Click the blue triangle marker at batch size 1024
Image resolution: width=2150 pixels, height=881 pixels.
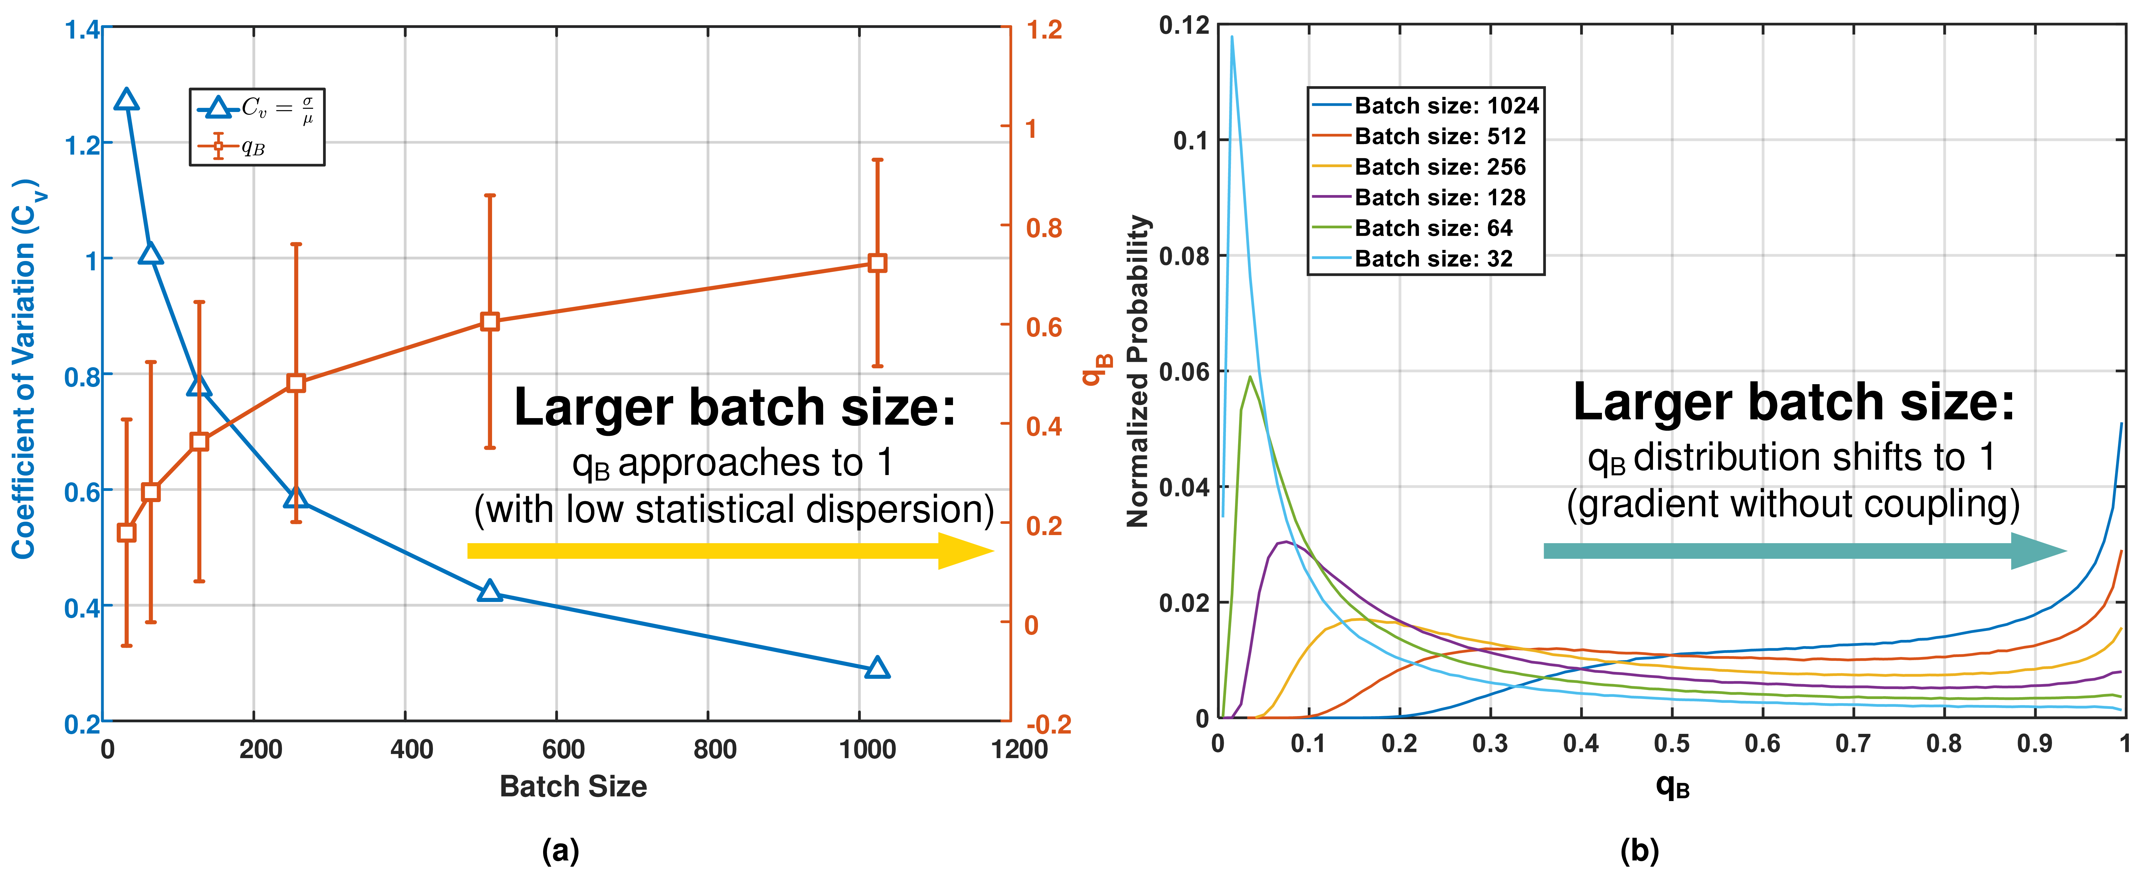coord(876,667)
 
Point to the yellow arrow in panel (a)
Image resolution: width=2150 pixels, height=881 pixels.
coord(730,551)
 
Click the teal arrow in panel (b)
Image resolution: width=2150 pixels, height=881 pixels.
coord(1803,551)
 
